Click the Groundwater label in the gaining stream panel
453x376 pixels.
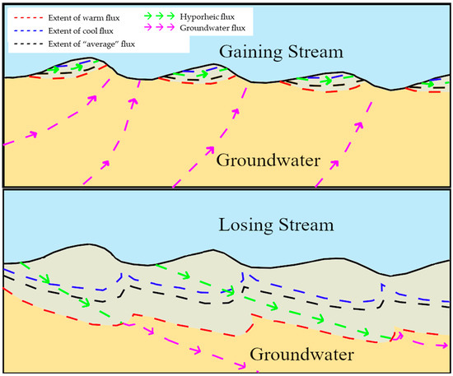[x=268, y=159]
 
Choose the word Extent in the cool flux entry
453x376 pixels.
[x=58, y=29]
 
